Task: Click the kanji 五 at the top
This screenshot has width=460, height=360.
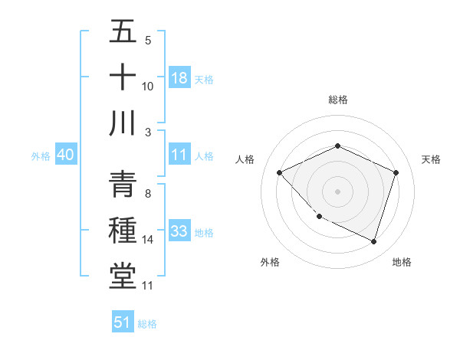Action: [123, 32]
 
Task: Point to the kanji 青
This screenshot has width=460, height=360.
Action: [123, 185]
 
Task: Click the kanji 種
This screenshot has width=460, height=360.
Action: [123, 231]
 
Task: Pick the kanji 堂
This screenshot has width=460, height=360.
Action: [123, 276]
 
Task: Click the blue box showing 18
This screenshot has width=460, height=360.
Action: [179, 77]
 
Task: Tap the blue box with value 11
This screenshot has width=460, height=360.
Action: [179, 155]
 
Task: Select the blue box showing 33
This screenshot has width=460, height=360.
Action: [179, 231]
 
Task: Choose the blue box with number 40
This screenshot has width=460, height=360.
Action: [65, 155]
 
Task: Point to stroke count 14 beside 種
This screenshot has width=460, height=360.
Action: [148, 240]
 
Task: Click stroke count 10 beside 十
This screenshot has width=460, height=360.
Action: [148, 87]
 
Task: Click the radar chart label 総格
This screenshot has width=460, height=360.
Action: [337, 100]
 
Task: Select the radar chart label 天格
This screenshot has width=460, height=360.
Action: [431, 159]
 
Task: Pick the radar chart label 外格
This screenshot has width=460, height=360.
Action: [270, 262]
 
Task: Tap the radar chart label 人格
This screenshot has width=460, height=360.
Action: [245, 159]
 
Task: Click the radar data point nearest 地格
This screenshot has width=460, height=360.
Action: [373, 242]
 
